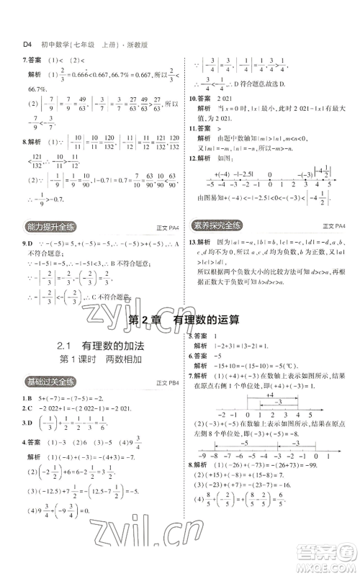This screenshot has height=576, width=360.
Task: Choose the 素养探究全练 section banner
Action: (219, 224)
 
